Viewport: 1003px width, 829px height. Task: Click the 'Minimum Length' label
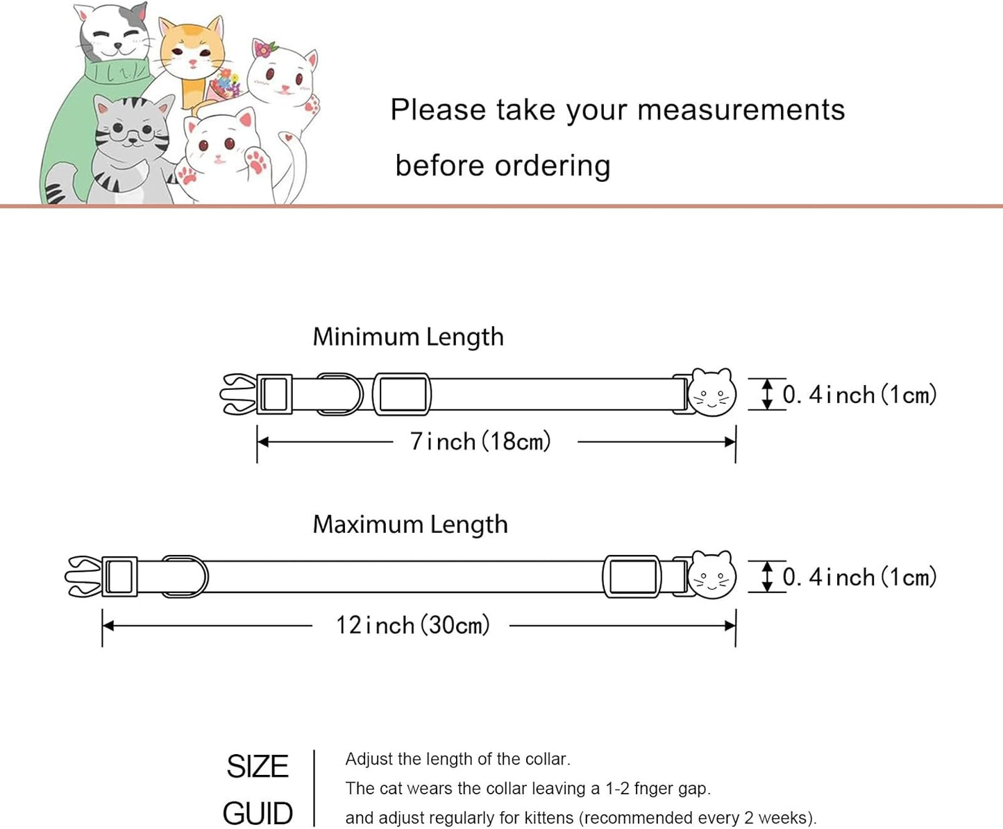click(408, 337)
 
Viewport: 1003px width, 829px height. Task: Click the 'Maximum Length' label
click(410, 524)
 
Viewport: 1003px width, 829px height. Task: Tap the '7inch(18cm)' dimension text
click(480, 442)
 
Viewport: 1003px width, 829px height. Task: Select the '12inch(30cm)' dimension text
click(413, 626)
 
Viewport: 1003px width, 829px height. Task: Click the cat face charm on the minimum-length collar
click(712, 393)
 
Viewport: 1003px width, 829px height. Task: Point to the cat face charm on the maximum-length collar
click(712, 575)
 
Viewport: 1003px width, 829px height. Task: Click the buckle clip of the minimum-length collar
click(238, 394)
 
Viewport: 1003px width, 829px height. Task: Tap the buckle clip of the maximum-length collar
click(83, 576)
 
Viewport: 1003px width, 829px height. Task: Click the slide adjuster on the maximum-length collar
click(632, 576)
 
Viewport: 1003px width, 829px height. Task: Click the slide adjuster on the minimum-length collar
click(402, 394)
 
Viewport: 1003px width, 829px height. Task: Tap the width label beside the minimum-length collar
click(860, 395)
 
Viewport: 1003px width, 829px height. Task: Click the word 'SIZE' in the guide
click(258, 766)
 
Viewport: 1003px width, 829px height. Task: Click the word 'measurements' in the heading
click(741, 110)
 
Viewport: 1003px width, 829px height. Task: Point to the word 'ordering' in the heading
click(553, 166)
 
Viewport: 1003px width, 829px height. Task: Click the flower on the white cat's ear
click(264, 49)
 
